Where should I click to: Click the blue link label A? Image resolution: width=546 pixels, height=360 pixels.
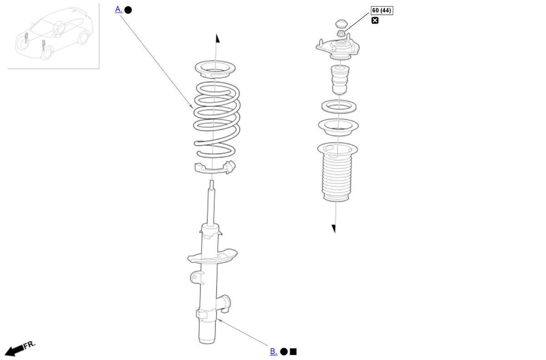tap(118, 10)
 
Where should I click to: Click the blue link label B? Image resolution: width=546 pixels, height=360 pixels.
tap(273, 351)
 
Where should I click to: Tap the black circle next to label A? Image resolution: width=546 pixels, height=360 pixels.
tap(128, 10)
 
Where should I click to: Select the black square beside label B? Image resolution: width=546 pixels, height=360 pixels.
tap(293, 351)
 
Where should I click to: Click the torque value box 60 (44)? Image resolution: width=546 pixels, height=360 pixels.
tap(382, 10)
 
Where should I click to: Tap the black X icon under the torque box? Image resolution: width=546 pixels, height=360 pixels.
tap(375, 20)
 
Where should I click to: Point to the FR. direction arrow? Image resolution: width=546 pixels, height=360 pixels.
tap(20, 349)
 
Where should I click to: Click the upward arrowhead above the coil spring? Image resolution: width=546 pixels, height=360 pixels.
tap(217, 38)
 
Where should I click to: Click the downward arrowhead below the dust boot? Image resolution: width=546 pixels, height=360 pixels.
tap(334, 228)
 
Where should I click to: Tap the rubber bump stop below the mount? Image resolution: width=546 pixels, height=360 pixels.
tap(340, 80)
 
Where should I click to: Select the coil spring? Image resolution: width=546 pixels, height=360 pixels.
tap(217, 119)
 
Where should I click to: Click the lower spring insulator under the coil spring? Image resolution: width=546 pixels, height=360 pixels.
tap(215, 167)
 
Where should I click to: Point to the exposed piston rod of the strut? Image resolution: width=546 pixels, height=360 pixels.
tap(211, 203)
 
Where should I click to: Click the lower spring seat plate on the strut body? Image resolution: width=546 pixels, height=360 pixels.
tap(212, 256)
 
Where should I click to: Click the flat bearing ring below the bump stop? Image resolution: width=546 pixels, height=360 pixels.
tap(339, 106)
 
